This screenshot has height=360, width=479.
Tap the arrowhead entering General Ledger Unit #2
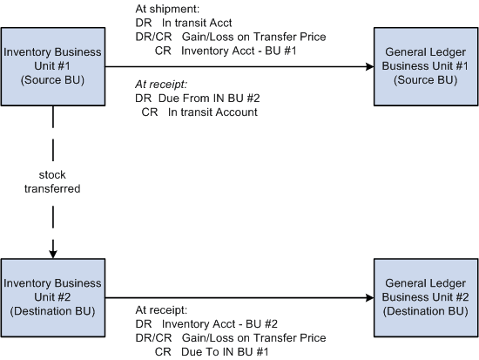[x=368, y=296]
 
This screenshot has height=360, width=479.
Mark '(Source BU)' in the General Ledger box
[x=425, y=79]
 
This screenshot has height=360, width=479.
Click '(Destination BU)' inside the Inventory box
[x=53, y=309]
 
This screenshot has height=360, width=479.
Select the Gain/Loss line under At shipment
[x=231, y=37]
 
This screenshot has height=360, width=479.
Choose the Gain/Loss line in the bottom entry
[x=231, y=337]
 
